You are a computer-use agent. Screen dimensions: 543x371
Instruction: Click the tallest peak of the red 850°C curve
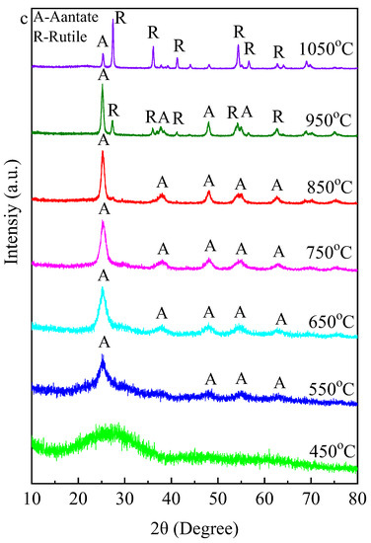(x=103, y=154)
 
